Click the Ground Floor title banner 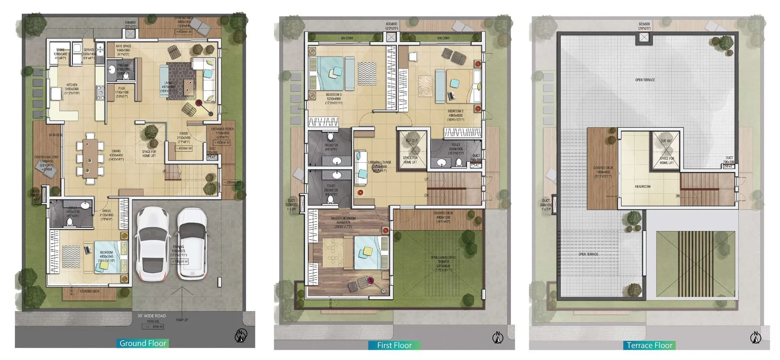143,343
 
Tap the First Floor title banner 394,345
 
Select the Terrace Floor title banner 649,345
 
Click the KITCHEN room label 72,85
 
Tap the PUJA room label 122,89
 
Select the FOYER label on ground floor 184,134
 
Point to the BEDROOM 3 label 334,95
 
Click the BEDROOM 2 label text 456,111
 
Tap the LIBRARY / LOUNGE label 379,162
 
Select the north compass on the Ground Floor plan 241,336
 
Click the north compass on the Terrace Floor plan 756,337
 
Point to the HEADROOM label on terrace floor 642,186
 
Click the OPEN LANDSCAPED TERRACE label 443,258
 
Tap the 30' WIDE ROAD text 152,316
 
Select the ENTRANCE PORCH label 222,129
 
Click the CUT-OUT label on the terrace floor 666,141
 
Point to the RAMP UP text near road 182,320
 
